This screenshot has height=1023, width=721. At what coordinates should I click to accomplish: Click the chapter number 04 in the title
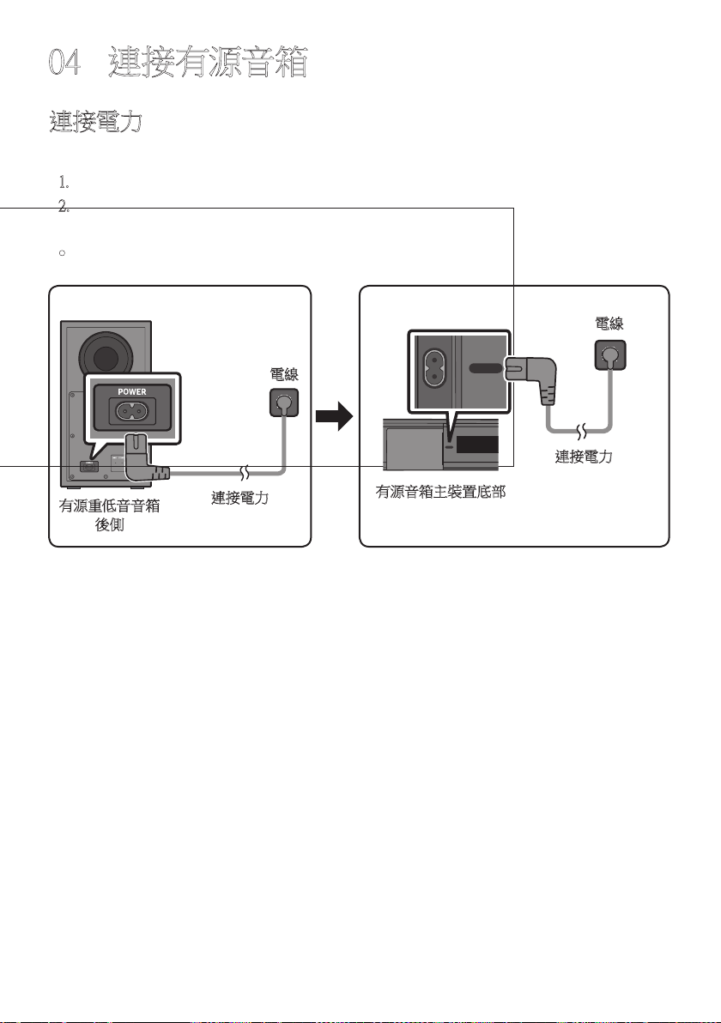[x=64, y=63]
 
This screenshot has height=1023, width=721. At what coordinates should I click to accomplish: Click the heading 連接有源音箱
[x=208, y=63]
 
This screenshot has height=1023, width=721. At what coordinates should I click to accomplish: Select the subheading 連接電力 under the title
[x=96, y=122]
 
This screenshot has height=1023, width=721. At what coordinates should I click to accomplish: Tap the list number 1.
[x=64, y=182]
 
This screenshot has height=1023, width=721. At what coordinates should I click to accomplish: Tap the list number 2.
[x=64, y=207]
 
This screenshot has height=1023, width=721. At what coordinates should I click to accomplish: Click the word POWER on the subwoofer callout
[x=132, y=391]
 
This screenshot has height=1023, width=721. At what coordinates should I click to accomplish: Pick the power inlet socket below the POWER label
[x=132, y=410]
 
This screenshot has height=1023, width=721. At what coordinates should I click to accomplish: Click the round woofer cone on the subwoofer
[x=106, y=358]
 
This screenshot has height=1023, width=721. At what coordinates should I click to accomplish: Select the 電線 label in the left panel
[x=284, y=374]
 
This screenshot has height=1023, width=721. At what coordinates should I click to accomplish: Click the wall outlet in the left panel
[x=284, y=403]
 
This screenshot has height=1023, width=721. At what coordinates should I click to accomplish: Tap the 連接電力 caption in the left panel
[x=240, y=498]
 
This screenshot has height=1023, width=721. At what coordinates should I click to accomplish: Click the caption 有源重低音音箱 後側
[x=110, y=515]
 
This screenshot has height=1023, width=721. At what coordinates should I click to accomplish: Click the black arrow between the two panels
[x=334, y=416]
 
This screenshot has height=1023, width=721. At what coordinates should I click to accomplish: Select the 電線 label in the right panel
[x=609, y=324]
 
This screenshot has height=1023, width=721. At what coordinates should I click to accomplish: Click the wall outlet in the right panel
[x=610, y=355]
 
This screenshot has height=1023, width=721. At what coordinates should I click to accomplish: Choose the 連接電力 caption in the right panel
[x=584, y=457]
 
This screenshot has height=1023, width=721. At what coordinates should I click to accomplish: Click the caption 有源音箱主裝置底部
[x=441, y=492]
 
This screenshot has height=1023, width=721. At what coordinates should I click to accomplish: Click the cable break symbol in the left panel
[x=245, y=472]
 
